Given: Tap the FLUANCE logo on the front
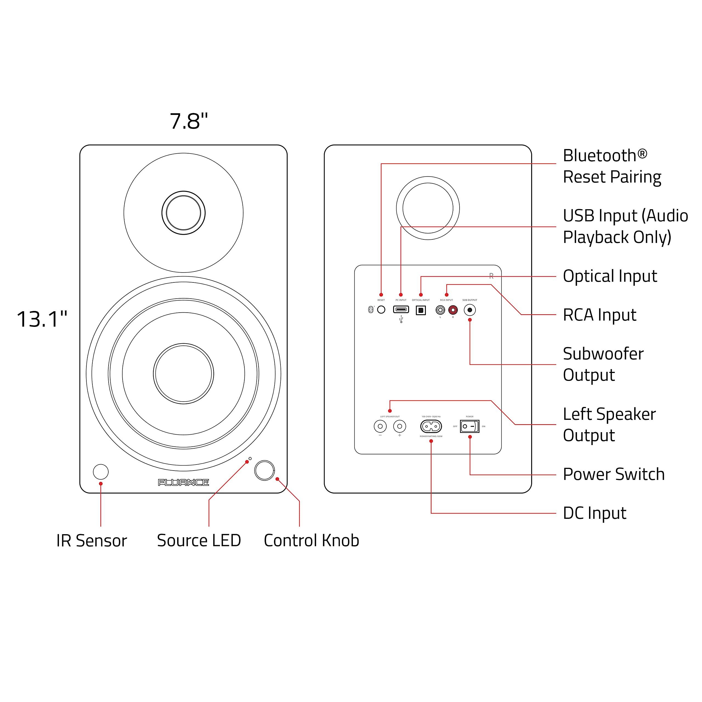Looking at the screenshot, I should point(183,482).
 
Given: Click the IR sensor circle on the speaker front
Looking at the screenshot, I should point(101,472).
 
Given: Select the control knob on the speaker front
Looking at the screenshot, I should point(265,470).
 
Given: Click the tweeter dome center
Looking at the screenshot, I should point(183,213).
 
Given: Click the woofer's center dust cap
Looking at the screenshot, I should point(183,373).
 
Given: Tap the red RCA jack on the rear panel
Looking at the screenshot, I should point(453,310).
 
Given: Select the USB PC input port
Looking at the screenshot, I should point(401,310).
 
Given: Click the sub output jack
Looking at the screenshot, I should point(470,310).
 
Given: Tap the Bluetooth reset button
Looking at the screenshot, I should point(381,310).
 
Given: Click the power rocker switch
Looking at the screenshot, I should point(469,426).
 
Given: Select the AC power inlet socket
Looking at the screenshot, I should point(431,426).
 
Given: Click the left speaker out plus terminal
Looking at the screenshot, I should point(400,426).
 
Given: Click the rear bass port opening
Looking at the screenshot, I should point(428,208).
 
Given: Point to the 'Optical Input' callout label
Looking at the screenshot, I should point(610,276).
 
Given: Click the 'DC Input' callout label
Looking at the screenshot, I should point(595,513).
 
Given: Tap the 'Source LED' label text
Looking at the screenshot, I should point(199,540).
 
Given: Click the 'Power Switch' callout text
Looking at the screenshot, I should point(613,474).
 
